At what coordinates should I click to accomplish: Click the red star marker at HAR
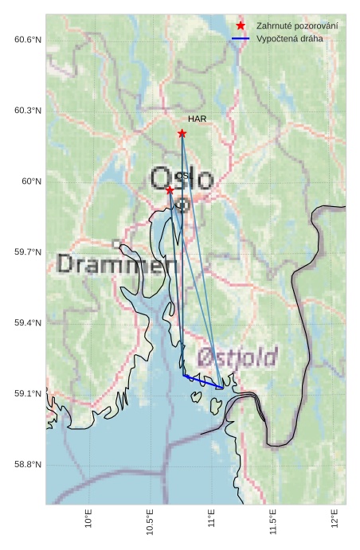[x=182, y=133]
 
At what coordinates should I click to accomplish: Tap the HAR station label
[x=198, y=119]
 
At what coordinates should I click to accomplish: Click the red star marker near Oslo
[x=170, y=189]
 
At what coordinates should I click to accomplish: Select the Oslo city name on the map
[x=182, y=178]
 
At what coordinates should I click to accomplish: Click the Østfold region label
[x=237, y=356]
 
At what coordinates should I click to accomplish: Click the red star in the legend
[x=241, y=26]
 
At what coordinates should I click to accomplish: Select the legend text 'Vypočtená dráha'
[x=289, y=38]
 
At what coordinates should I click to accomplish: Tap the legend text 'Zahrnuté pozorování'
[x=296, y=26]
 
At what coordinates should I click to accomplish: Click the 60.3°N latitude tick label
[x=28, y=111]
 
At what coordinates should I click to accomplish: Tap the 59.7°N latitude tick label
[x=28, y=252]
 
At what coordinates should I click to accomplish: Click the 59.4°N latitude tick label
[x=28, y=323]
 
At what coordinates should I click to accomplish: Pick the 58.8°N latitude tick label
[x=28, y=465]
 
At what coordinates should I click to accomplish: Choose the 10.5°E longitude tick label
[x=151, y=521]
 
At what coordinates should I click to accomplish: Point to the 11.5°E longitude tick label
[x=274, y=521]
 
